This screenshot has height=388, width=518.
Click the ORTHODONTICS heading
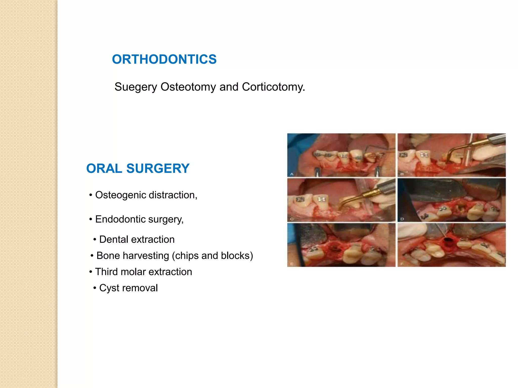click(x=164, y=59)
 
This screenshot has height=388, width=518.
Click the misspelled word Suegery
click(x=136, y=87)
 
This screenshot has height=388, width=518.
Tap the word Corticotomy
click(x=273, y=87)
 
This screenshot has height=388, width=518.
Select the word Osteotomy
click(x=188, y=87)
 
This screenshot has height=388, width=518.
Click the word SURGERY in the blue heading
click(x=158, y=168)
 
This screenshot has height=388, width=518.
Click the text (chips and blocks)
click(x=212, y=256)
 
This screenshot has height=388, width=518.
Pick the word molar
click(x=134, y=272)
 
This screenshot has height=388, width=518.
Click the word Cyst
click(x=109, y=288)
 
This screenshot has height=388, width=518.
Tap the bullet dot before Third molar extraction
click(x=91, y=272)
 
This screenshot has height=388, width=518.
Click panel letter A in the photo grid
click(x=292, y=174)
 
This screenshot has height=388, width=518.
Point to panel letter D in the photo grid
click(x=402, y=219)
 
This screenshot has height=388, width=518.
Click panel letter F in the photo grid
click(x=402, y=264)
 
